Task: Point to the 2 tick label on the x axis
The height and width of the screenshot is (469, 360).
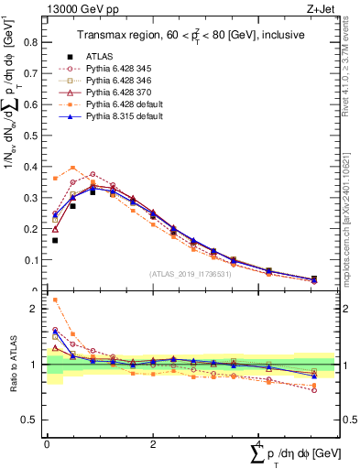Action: [x=152, y=444]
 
